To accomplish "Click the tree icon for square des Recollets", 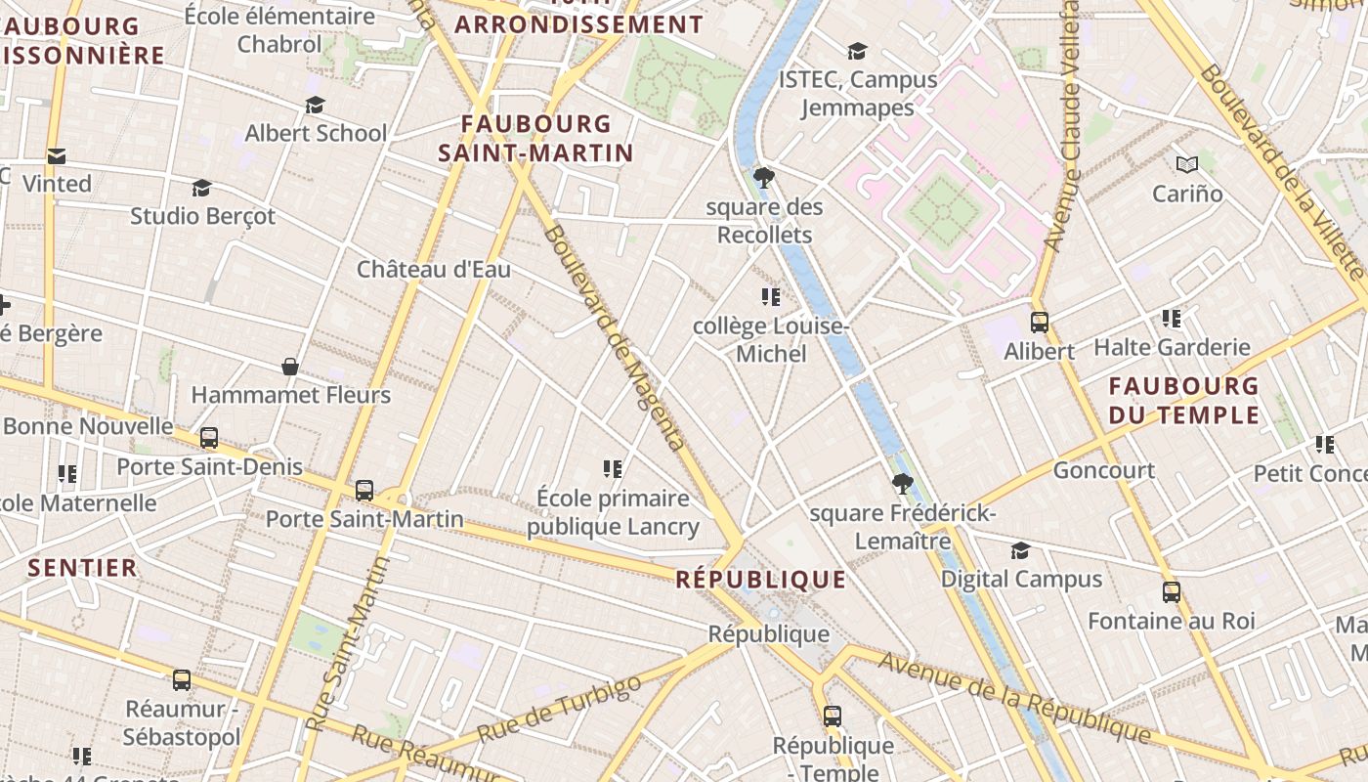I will coord(764,178).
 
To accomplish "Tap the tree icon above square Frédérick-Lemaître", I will coord(902,483).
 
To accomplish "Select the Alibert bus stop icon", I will coord(1040,322).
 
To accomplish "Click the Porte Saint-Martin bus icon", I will coord(364,490).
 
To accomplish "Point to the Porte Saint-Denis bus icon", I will coord(209,438).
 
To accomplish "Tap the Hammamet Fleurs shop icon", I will coord(290,367).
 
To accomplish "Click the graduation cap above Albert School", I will coord(315,105).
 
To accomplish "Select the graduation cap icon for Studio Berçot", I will coord(202,187).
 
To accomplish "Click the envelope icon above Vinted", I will coord(57,155).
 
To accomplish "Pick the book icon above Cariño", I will coord(1187,164).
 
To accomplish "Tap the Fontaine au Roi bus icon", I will coord(1172,591).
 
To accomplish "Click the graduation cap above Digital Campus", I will coord(1021,550).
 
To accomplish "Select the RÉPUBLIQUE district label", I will coord(761,580).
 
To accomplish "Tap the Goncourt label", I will coord(1103,470).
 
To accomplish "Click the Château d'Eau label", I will coord(433,269).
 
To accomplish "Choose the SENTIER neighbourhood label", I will coord(83,568).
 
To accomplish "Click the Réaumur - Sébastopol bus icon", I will coord(182,679).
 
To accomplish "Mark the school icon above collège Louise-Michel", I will coord(770,296).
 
